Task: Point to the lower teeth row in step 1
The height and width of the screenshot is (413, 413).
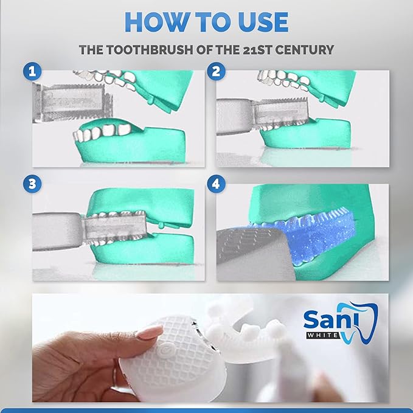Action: pyautogui.click(x=106, y=130)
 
